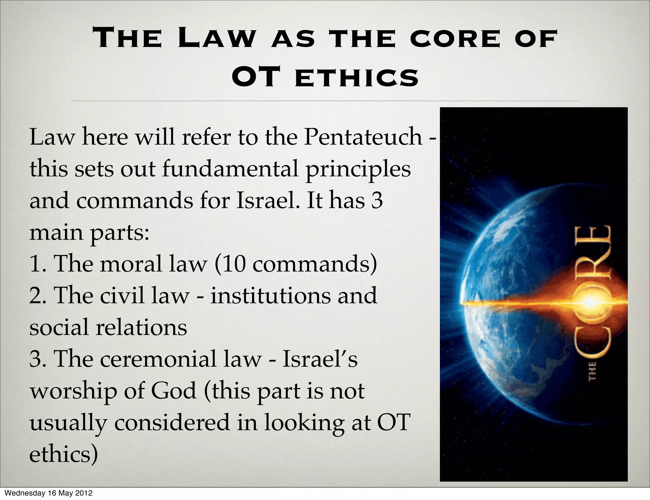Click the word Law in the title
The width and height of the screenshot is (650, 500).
click(216, 38)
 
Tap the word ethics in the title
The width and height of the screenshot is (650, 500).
click(357, 78)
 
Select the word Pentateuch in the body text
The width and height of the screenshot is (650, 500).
click(363, 137)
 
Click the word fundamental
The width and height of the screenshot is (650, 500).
click(230, 168)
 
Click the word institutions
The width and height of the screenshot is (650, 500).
click(271, 296)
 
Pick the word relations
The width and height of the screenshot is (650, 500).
click(146, 327)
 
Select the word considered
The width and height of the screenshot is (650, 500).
click(172, 423)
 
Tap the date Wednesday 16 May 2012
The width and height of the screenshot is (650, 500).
click(49, 493)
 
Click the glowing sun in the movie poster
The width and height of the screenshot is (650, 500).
click(590, 302)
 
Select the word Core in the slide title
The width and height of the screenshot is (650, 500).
click(454, 39)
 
